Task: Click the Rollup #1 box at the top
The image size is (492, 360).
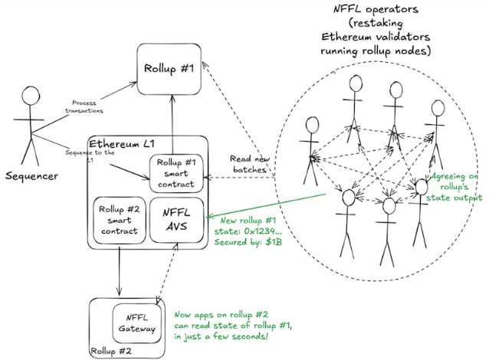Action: coord(173,68)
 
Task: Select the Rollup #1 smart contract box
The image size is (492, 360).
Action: coord(177,173)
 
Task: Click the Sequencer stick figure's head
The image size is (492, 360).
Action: coord(30,97)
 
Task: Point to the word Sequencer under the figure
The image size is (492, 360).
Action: coord(33,176)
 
